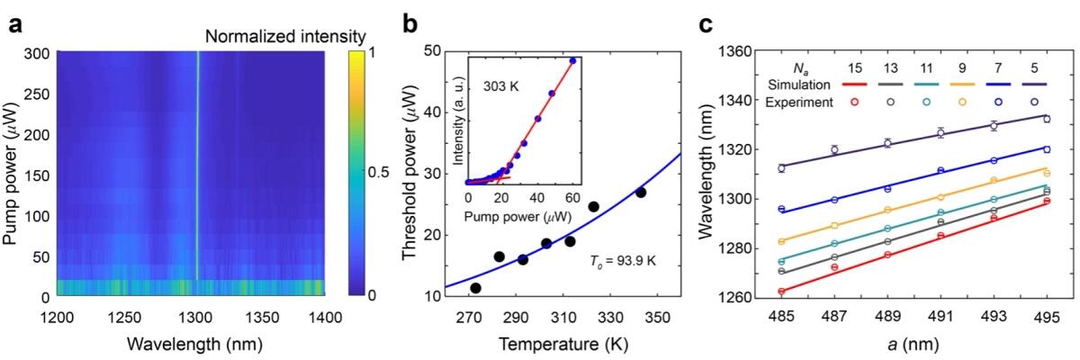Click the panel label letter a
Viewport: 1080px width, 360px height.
tap(15, 24)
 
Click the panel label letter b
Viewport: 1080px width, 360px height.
tap(409, 24)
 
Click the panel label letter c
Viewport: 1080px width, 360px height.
tap(707, 24)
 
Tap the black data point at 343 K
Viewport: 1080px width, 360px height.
tap(641, 193)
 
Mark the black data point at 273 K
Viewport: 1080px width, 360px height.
tap(475, 288)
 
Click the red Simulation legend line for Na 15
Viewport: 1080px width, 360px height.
tap(854, 84)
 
